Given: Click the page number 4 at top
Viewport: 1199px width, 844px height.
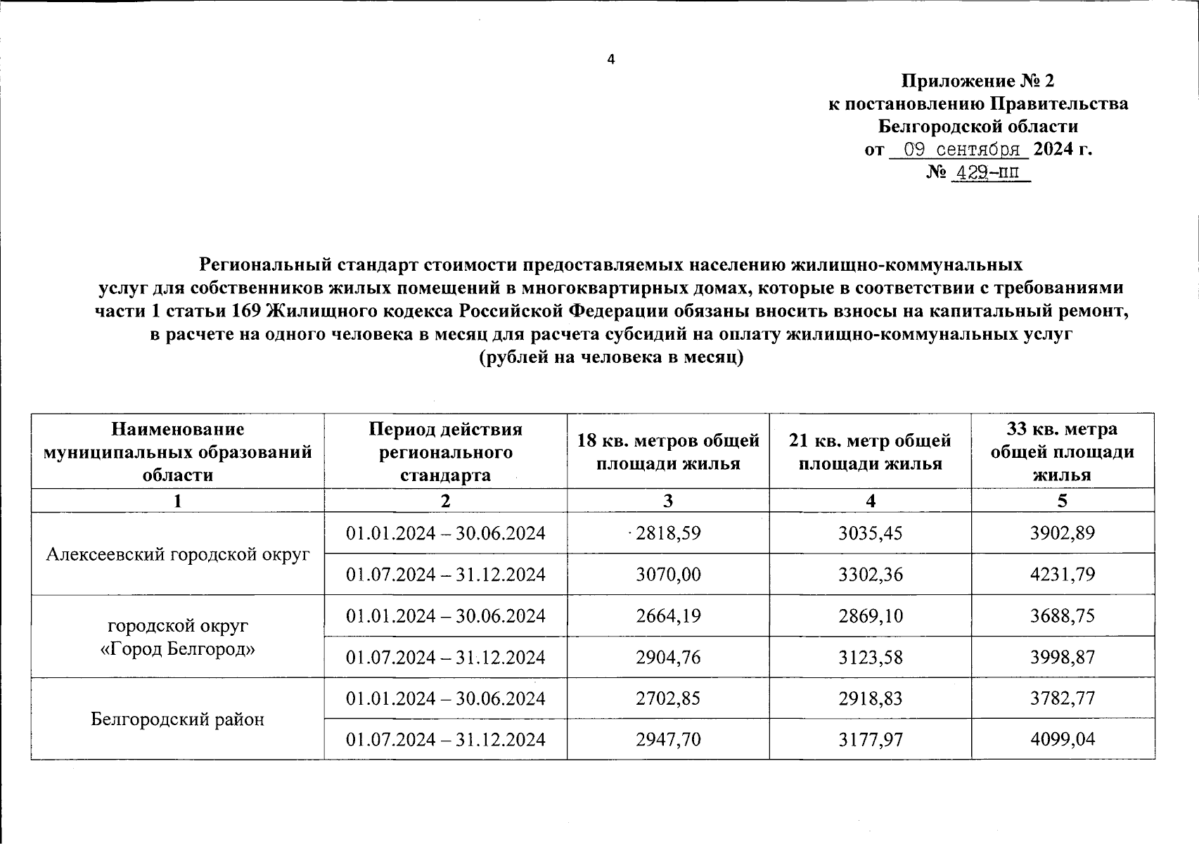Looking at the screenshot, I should [x=610, y=60].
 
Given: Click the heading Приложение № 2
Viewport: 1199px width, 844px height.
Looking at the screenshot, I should [x=978, y=82].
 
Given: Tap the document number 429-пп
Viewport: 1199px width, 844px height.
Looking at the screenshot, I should [x=989, y=172].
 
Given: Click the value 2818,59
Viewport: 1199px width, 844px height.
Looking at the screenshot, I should [x=668, y=533].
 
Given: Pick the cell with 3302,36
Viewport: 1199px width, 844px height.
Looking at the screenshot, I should [x=871, y=575].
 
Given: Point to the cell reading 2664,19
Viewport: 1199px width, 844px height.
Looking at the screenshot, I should [x=668, y=616].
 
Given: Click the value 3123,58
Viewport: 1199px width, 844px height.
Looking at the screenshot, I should [x=871, y=658].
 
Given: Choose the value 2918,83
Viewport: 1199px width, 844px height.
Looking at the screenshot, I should [x=871, y=699].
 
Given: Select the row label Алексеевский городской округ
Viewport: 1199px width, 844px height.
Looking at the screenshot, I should [x=178, y=554].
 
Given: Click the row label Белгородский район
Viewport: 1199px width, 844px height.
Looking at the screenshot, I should [x=178, y=720].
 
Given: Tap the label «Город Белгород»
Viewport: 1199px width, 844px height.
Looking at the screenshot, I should [x=178, y=648].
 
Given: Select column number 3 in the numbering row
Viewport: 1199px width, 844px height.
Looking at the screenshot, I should [x=668, y=501].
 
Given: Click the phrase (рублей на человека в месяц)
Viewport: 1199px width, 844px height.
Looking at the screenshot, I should [x=610, y=357].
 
